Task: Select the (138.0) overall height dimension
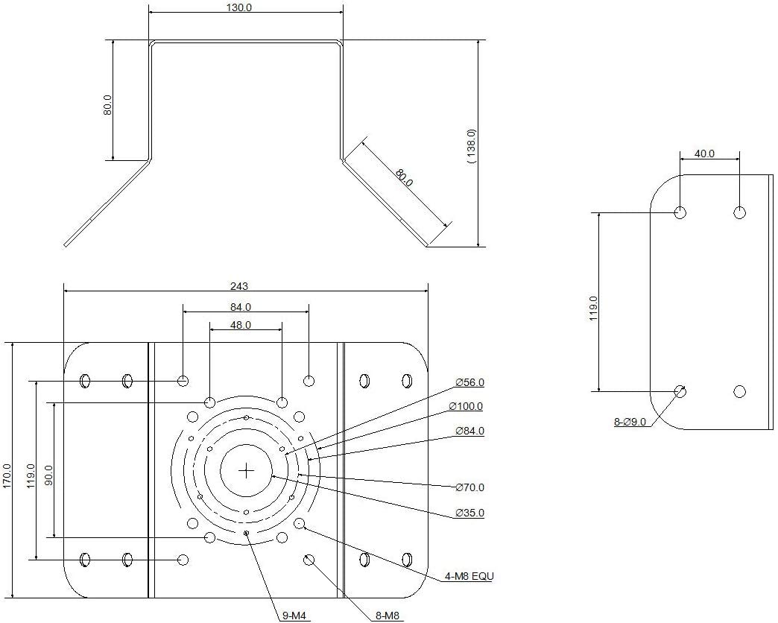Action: click(x=471, y=146)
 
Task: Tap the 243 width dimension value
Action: click(x=239, y=286)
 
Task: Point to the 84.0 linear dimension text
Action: click(x=240, y=306)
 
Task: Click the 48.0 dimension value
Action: click(x=240, y=325)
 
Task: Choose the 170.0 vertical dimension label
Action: click(x=7, y=475)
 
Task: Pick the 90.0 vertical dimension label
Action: click(x=49, y=475)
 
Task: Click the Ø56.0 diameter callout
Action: click(x=469, y=383)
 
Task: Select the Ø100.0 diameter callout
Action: click(x=466, y=406)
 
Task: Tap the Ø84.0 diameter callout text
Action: click(x=469, y=431)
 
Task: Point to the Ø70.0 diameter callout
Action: click(x=469, y=487)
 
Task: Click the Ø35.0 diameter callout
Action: click(x=469, y=513)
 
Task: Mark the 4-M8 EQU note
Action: click(x=469, y=576)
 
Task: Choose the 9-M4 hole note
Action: click(x=295, y=616)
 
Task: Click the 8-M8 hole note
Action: click(x=388, y=616)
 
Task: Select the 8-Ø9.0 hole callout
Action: click(x=630, y=423)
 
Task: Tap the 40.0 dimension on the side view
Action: click(x=704, y=154)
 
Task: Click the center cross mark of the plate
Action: click(x=247, y=470)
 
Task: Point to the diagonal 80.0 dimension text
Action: click(x=404, y=179)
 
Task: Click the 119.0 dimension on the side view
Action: click(x=593, y=308)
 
